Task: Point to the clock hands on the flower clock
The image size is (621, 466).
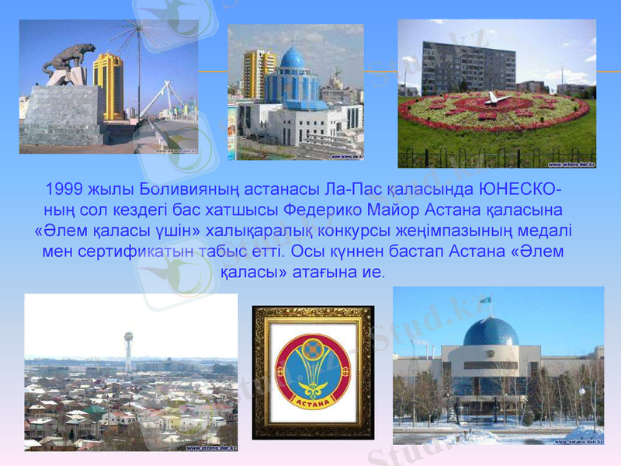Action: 494,99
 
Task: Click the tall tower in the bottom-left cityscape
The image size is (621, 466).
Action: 128,349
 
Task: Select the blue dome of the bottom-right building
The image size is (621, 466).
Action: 491,332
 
